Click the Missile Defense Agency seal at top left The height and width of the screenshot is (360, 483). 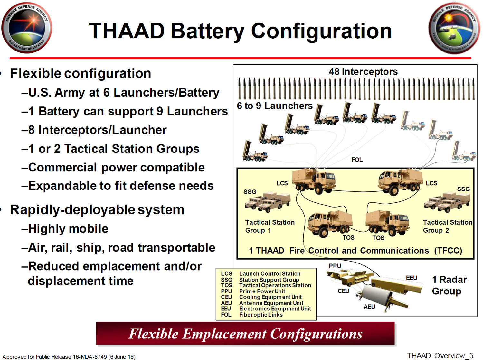click(27, 28)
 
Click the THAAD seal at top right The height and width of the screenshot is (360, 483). click(454, 28)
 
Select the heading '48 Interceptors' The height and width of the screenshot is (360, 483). click(363, 72)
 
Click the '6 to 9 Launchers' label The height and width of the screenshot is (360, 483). click(275, 106)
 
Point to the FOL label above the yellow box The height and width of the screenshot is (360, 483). click(357, 160)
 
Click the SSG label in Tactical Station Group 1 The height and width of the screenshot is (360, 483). click(250, 192)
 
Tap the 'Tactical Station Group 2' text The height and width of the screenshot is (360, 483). click(448, 226)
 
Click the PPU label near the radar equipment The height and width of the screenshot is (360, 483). click(335, 266)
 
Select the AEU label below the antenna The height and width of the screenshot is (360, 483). click(369, 307)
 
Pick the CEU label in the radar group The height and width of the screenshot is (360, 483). click(344, 291)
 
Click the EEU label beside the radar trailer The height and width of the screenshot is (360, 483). click(412, 278)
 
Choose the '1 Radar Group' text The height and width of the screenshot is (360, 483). click(449, 285)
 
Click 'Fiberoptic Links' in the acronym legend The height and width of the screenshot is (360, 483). click(261, 315)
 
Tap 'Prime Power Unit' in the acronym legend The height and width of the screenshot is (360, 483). click(262, 291)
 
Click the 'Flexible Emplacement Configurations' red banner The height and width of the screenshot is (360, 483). click(245, 333)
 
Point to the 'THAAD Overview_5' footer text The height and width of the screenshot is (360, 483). click(440, 355)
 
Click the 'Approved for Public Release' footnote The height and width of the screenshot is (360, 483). click(69, 356)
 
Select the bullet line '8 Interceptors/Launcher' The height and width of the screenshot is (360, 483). click(94, 130)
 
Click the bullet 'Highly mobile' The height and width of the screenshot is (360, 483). click(65, 229)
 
